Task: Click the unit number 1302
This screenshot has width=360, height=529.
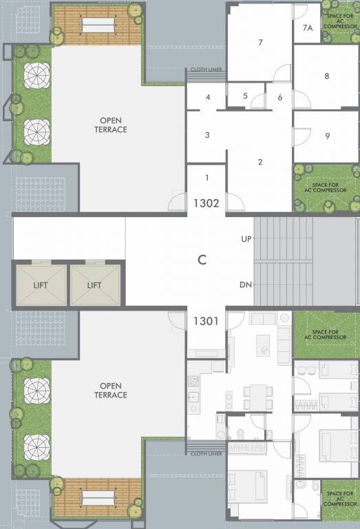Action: tap(206, 203)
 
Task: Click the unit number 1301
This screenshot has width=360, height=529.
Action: tap(206, 320)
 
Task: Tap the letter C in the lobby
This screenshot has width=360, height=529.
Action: tap(202, 260)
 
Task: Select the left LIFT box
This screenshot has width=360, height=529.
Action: tap(41, 284)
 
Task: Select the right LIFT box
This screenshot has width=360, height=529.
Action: tap(94, 284)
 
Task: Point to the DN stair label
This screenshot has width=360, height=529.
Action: tap(246, 284)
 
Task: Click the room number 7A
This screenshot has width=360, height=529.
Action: tap(308, 28)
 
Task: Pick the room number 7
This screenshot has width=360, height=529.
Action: tap(261, 43)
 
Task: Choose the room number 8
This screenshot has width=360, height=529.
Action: tap(327, 76)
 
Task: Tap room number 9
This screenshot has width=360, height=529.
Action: tap(327, 136)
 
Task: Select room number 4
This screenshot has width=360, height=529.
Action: tap(207, 97)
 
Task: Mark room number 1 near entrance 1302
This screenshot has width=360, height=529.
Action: tap(207, 178)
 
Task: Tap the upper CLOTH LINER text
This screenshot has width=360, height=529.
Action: tap(204, 70)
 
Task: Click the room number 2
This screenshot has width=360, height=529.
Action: tap(260, 163)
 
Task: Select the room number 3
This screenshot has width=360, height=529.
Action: tap(207, 135)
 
